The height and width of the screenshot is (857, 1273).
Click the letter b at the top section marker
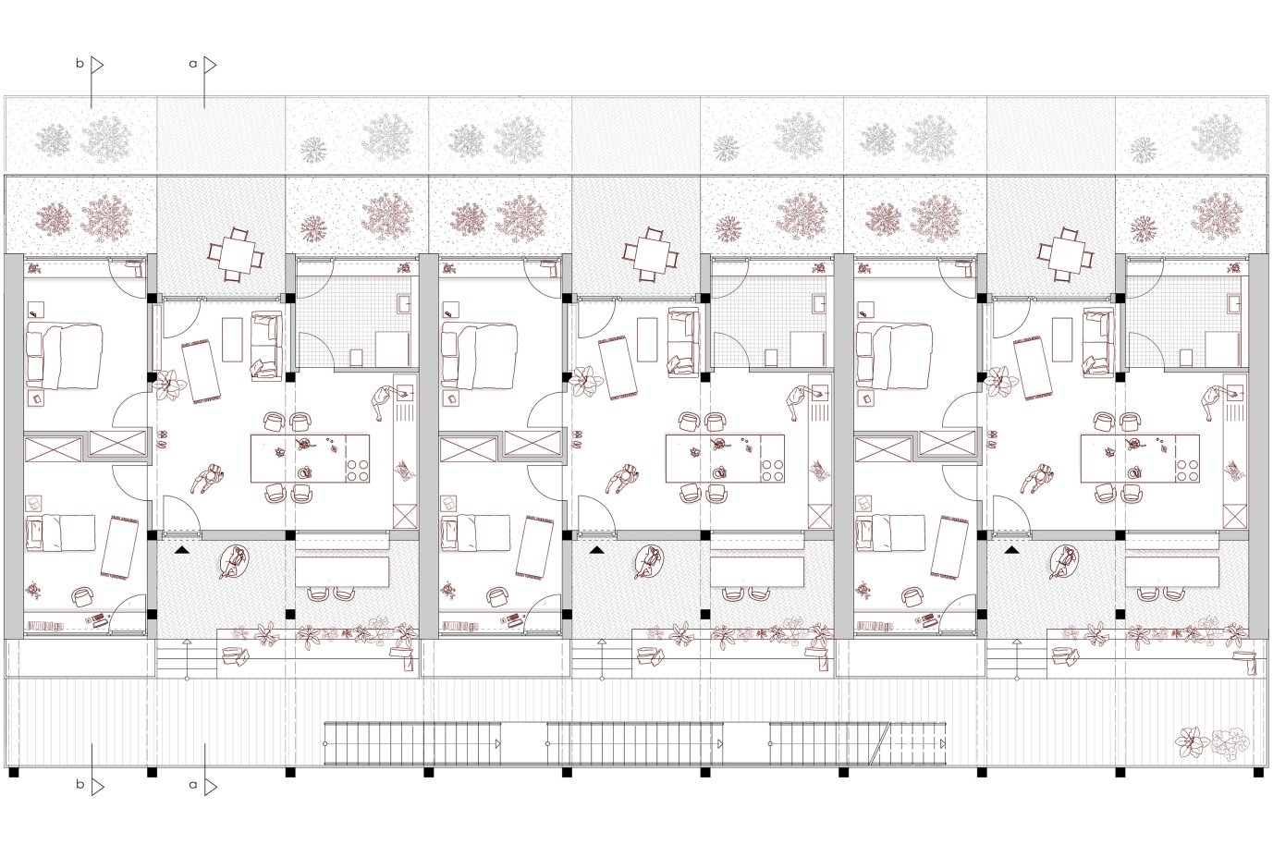[x=80, y=63]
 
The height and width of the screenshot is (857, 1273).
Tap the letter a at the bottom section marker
[x=193, y=785]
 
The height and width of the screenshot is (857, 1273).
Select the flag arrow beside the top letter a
[x=210, y=65]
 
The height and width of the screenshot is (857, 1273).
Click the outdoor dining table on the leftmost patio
[x=236, y=254]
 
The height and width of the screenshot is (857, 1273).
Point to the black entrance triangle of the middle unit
[x=596, y=550]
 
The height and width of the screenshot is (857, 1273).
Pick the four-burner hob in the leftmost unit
[x=357, y=470]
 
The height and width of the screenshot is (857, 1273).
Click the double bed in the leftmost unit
[x=64, y=356]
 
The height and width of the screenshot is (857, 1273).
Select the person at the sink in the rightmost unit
[x=1213, y=403]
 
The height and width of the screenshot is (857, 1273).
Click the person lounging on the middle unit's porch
[x=648, y=562]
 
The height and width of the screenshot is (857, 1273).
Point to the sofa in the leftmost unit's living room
[x=265, y=346]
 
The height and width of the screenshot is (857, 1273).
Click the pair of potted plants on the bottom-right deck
[x=1212, y=741]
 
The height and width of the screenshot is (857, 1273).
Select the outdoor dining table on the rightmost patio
[x=1066, y=254]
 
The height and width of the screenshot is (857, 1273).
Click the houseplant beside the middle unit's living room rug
[x=586, y=381]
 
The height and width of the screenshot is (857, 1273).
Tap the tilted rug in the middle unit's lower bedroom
[x=534, y=547]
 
